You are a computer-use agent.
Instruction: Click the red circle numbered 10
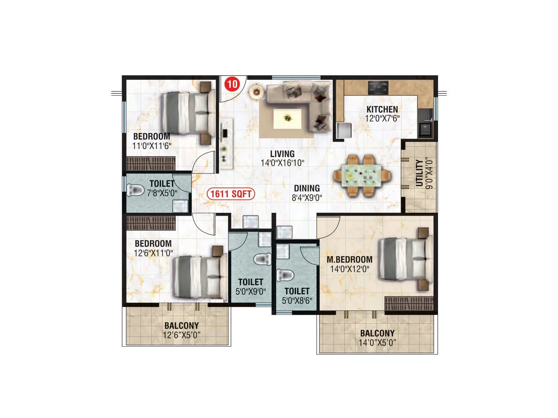click(233, 84)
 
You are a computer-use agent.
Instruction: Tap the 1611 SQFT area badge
click(231, 194)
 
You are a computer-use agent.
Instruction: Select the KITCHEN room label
click(382, 109)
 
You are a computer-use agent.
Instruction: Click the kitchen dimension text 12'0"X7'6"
click(382, 118)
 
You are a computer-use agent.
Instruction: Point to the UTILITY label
click(420, 173)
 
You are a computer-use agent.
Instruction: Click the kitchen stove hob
click(378, 88)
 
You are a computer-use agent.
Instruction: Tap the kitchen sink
click(425, 128)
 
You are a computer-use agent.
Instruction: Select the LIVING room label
click(282, 154)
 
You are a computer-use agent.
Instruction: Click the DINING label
click(307, 188)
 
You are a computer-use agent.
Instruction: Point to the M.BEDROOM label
click(349, 260)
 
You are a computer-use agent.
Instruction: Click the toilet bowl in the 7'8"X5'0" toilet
click(136, 191)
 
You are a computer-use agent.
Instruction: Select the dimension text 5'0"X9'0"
click(250, 292)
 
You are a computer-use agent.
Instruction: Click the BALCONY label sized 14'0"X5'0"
click(377, 333)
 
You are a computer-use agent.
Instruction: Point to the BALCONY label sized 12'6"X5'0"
click(181, 326)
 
